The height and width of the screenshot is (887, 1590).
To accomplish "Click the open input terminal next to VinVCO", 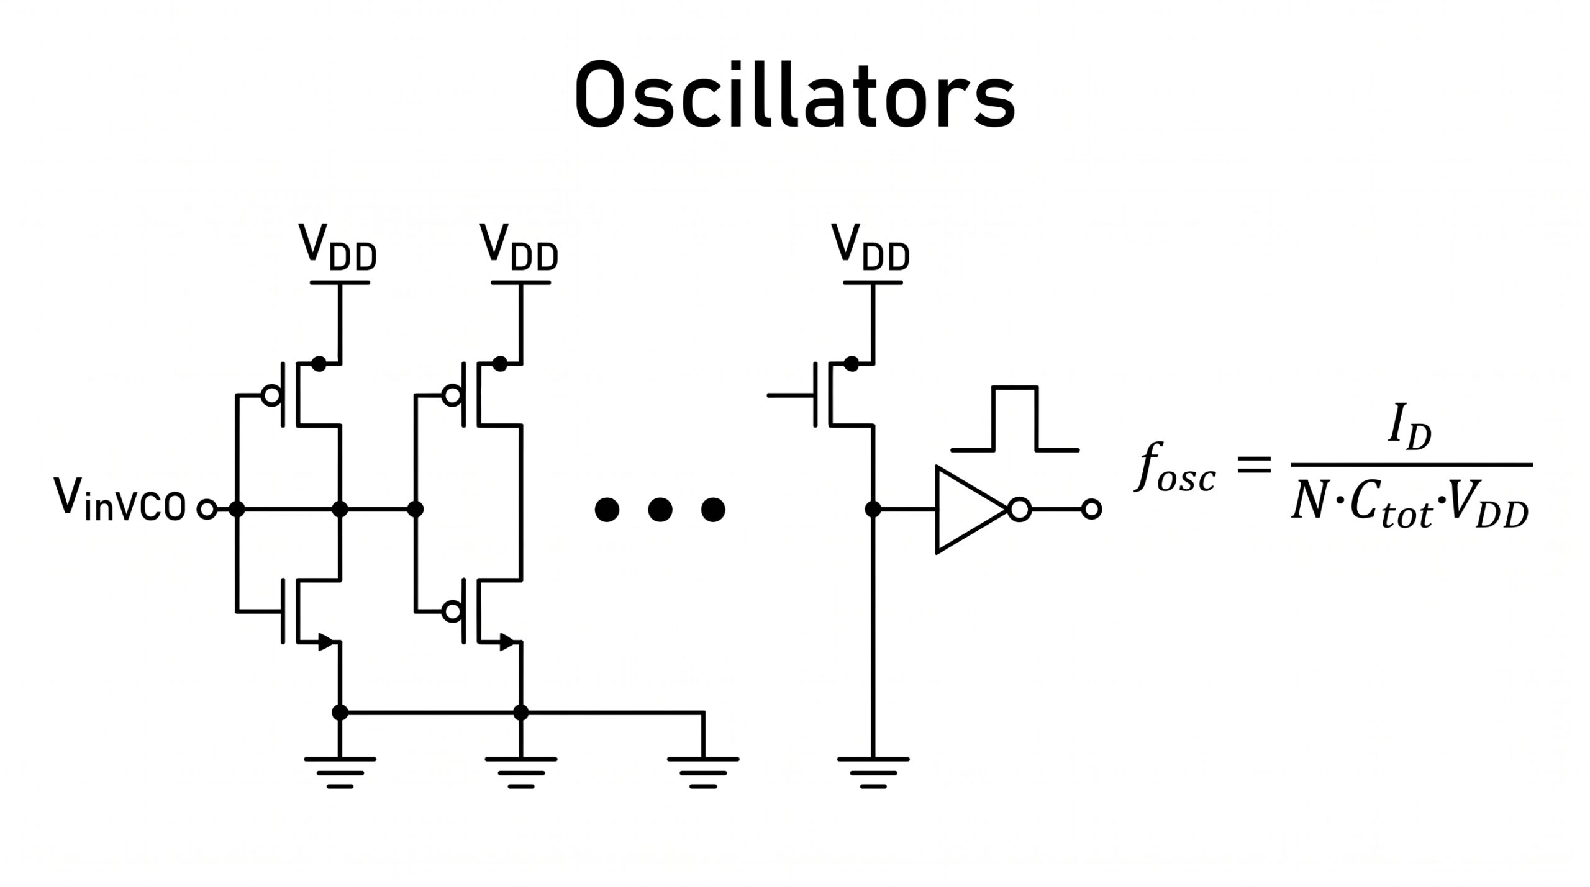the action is [x=207, y=510].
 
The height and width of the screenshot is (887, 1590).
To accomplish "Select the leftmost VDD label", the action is [x=337, y=247].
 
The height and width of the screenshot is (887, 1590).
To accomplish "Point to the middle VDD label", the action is [x=519, y=247].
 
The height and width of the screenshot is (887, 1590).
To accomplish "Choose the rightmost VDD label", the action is [x=871, y=247].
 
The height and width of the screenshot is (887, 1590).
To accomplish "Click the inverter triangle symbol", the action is [x=971, y=510].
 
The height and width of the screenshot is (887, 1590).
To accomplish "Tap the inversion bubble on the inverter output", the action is [x=1019, y=510].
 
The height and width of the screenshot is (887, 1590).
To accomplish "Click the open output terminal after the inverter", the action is [x=1091, y=510].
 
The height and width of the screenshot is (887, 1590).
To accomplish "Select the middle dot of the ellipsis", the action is [x=660, y=510].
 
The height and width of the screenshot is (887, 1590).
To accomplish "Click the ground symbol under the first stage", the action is [x=340, y=773].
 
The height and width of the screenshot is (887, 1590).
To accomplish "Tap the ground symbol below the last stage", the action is [x=873, y=773].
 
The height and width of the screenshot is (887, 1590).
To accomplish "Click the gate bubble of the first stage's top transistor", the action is [x=271, y=395].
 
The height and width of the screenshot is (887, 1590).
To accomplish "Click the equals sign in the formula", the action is [x=1254, y=465].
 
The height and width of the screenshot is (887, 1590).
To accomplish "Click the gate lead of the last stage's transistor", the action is [x=791, y=395].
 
